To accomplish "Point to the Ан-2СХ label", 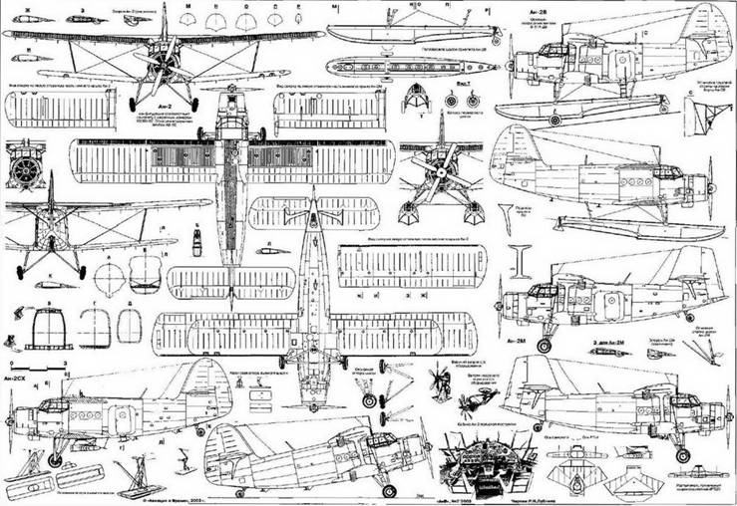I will click(16, 380).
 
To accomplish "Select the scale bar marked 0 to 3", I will click(30, 366).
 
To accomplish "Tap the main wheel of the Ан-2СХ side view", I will click(55, 459).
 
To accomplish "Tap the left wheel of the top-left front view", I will click(133, 104).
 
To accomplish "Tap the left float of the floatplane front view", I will click(407, 213).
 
